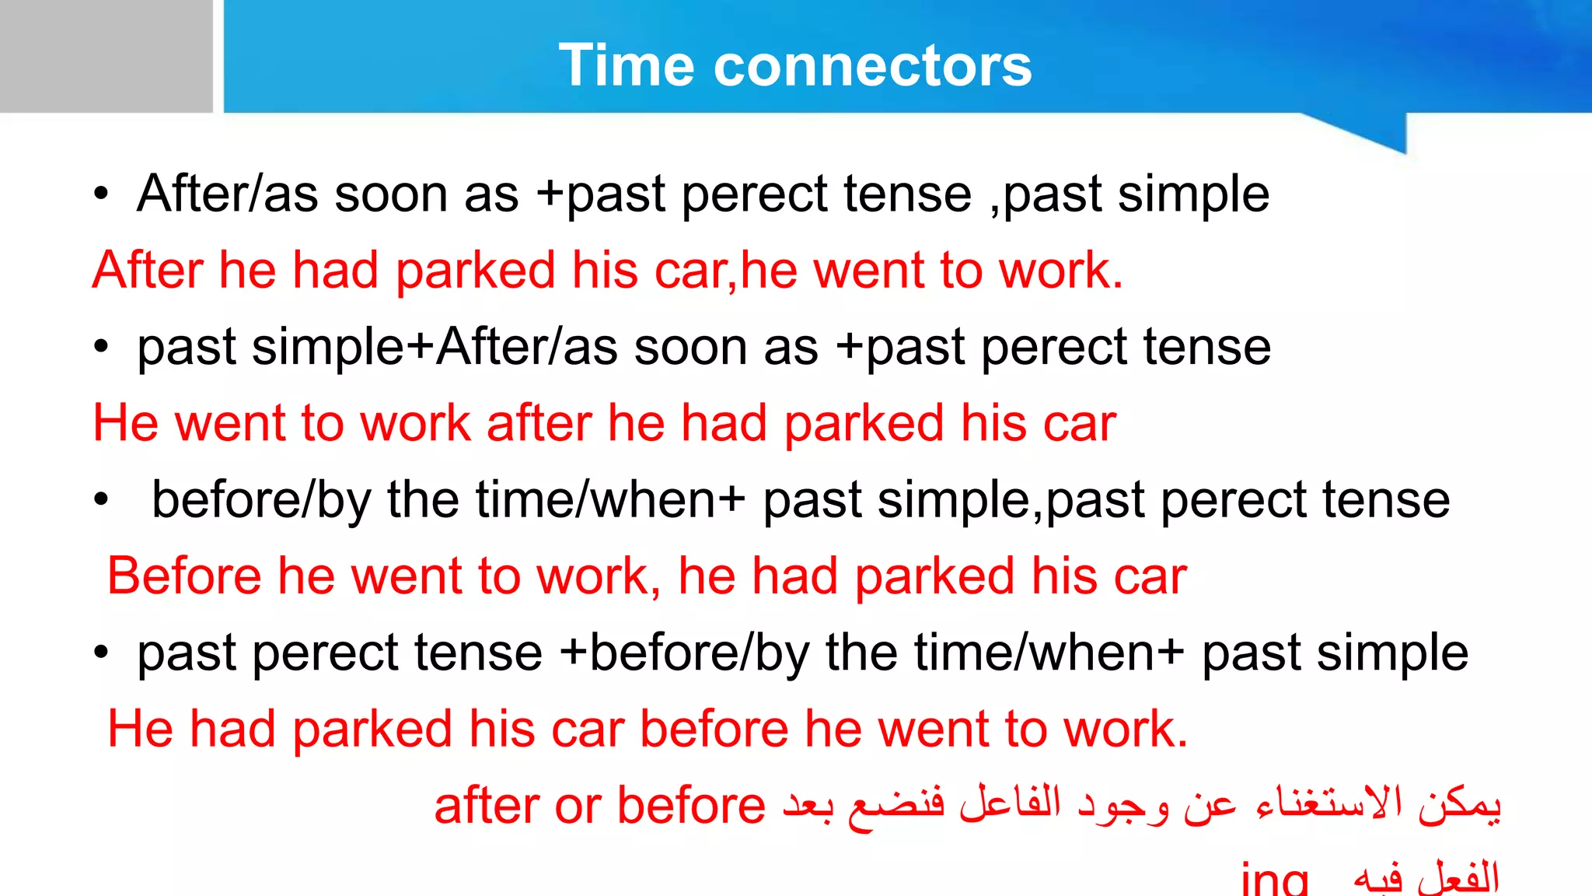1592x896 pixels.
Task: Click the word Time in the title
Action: [x=626, y=65]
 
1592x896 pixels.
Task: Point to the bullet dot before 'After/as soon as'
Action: [x=101, y=194]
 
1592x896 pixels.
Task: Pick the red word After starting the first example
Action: [x=148, y=271]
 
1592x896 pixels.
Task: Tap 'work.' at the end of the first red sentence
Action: [x=1061, y=271]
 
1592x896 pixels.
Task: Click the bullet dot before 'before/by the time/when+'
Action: [x=101, y=500]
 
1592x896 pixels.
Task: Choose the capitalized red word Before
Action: [x=184, y=576]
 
